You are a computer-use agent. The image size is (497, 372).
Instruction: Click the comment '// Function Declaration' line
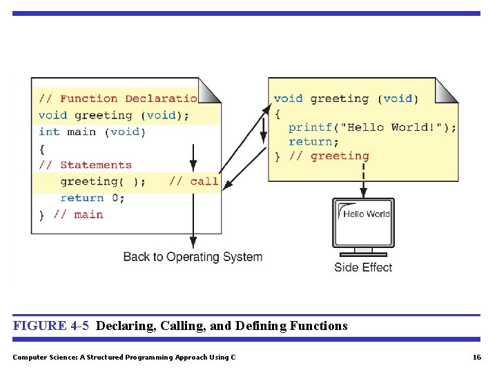[x=117, y=99]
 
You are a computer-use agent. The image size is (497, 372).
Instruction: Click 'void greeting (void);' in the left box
[x=114, y=115]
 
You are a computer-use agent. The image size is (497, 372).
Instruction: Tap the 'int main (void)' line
[x=92, y=132]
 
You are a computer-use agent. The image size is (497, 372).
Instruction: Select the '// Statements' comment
[x=86, y=165]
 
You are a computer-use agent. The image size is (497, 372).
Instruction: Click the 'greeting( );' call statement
[x=103, y=181]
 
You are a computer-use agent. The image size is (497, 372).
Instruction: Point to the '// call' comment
[x=193, y=181]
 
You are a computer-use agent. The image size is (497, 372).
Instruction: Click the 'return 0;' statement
[x=92, y=198]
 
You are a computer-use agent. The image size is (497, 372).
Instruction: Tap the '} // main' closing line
[x=70, y=214]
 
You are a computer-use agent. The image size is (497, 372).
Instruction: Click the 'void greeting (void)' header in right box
[x=346, y=99]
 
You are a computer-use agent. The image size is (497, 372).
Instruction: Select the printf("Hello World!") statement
[x=372, y=127]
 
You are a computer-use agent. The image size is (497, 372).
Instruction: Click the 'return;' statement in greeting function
[x=313, y=141]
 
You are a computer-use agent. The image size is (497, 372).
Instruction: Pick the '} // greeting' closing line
[x=322, y=156]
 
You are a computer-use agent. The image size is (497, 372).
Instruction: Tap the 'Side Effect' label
[x=363, y=267]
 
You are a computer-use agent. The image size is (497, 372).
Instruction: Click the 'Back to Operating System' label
[x=193, y=257]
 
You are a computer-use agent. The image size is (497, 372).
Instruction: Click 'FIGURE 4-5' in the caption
[x=51, y=326]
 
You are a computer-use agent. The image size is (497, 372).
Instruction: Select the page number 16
[x=476, y=357]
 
